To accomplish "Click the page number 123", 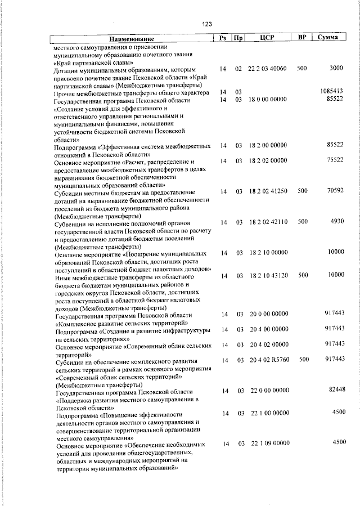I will [206, 24].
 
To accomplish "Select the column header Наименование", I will [131, 38].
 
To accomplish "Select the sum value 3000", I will [336, 68].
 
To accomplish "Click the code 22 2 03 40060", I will [267, 69].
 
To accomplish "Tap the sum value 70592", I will [335, 191].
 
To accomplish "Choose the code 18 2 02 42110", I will [267, 222].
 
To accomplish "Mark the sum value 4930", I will [336, 222].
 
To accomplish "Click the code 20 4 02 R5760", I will [267, 359].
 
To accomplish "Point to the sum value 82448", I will [335, 389].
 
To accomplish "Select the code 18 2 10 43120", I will [267, 275].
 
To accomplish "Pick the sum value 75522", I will [335, 160].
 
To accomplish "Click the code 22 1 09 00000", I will [267, 444].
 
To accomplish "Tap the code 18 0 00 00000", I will [267, 100].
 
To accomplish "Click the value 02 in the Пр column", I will [238, 69].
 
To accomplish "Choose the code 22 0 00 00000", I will [267, 390].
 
